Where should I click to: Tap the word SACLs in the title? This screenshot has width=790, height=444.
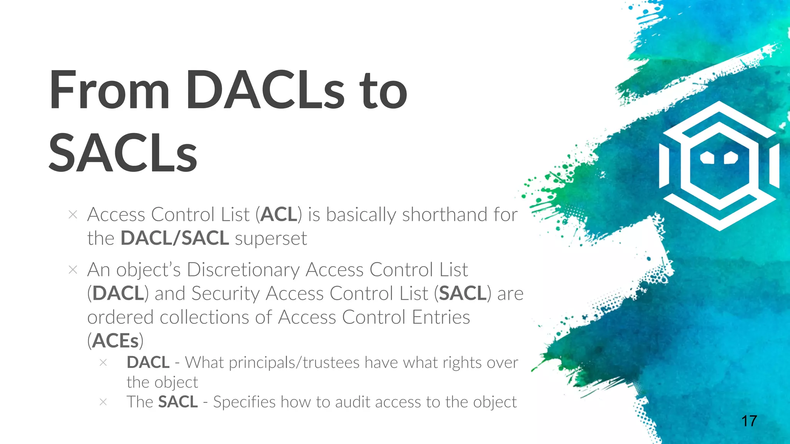coord(123,153)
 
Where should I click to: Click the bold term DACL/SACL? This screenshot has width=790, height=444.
coord(175,238)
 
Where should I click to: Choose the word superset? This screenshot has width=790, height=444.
coord(271,239)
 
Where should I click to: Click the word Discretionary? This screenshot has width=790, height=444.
coord(243,270)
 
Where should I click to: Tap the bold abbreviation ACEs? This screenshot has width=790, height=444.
coord(115,341)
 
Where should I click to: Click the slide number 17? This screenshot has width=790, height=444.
coord(749,421)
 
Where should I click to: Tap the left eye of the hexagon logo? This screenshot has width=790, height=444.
coord(707,158)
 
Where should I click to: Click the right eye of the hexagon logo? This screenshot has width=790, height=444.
coord(731,158)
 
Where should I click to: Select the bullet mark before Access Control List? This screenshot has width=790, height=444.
coord(73,215)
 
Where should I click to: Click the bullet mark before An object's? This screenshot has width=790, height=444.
coord(73,270)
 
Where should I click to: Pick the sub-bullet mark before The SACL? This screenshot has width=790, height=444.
coord(103,402)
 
